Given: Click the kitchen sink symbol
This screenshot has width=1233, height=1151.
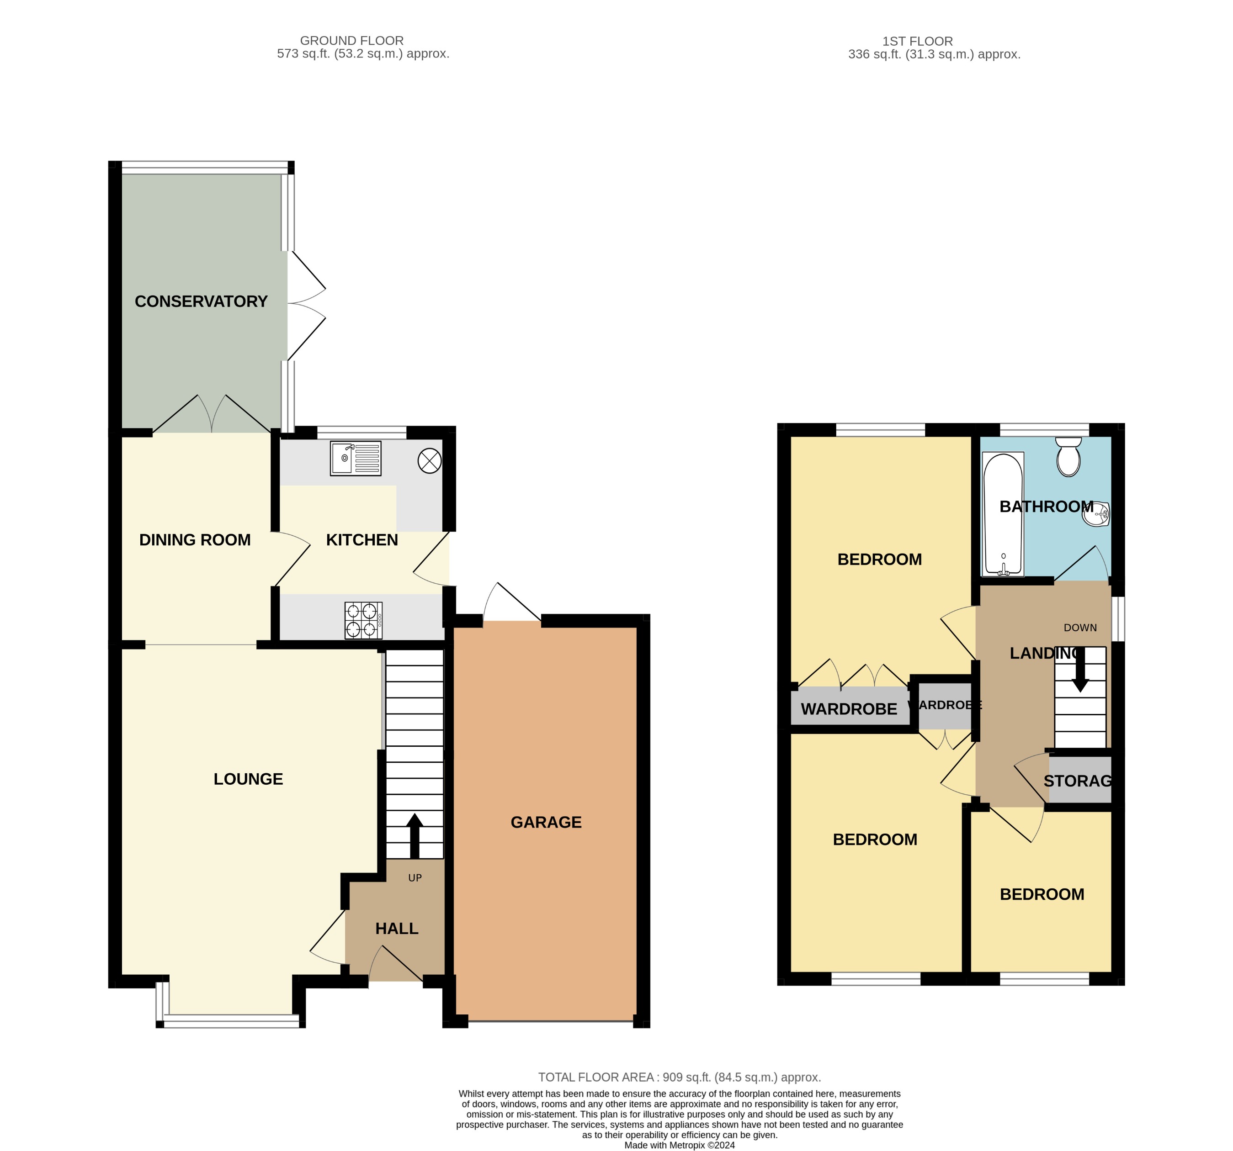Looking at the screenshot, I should (x=356, y=458).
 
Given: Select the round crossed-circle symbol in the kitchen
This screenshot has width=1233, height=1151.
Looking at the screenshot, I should (x=429, y=460).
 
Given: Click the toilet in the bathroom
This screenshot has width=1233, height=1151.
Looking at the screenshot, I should (x=1068, y=457).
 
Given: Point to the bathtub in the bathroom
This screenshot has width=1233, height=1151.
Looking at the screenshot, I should (x=1003, y=514).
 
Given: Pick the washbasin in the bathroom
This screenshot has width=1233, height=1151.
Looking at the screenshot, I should (x=1096, y=514).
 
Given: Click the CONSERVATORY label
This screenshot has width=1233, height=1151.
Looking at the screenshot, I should (x=201, y=301).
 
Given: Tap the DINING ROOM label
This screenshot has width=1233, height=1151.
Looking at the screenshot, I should (x=195, y=540).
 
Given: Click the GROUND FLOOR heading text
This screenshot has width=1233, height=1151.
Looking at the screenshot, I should (x=352, y=40).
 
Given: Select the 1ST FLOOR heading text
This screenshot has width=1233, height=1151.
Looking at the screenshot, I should (x=917, y=41).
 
